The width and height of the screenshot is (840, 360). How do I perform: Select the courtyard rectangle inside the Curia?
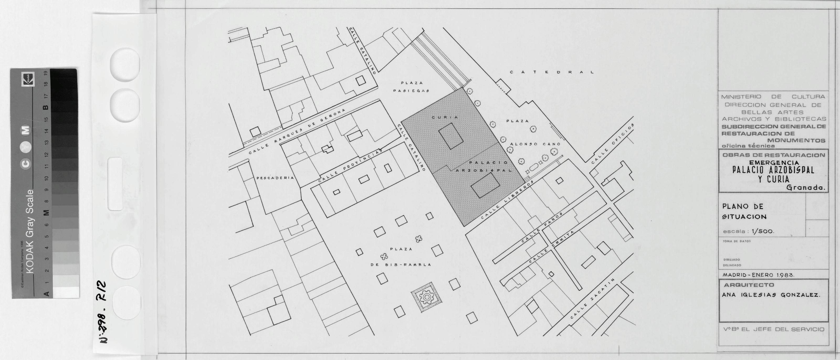pos(451,136)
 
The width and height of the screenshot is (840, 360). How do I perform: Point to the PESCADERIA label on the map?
pos(275,178)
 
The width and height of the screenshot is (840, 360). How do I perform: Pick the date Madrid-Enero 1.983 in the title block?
pos(758,275)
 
